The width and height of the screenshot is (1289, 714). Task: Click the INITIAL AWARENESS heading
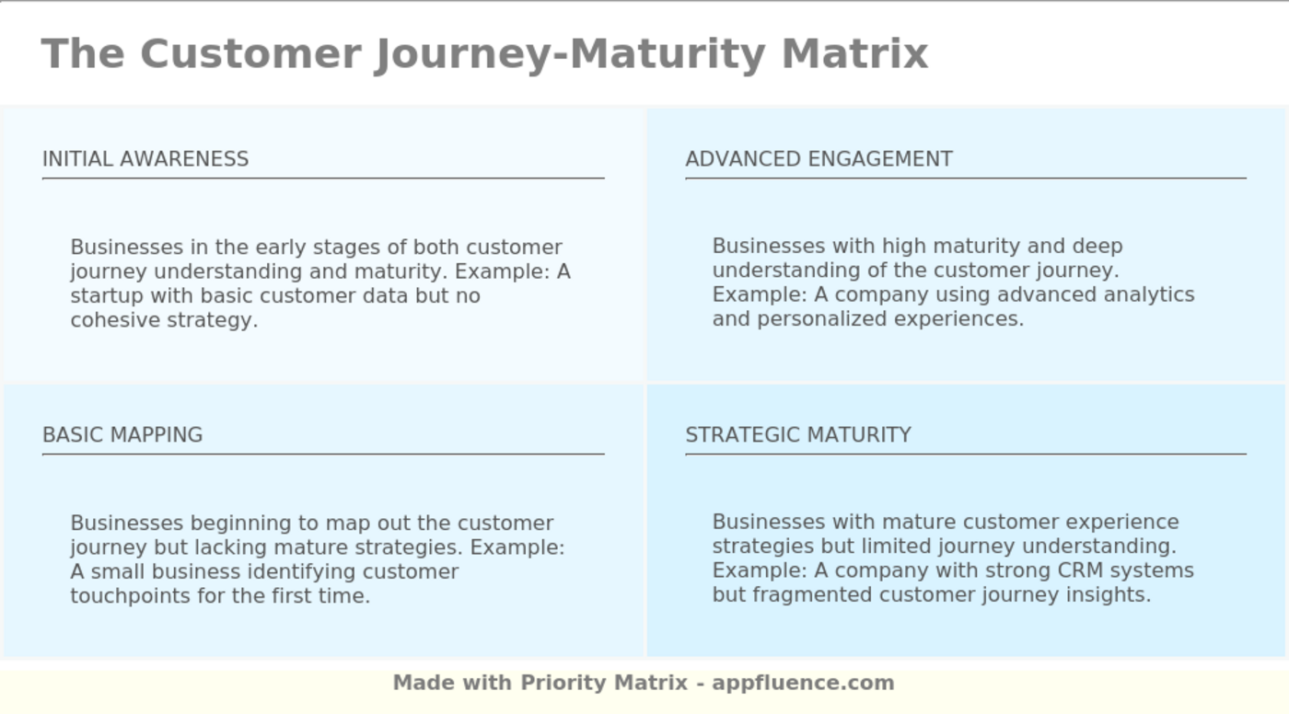(145, 159)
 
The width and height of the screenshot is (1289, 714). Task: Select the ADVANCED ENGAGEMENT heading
(819, 159)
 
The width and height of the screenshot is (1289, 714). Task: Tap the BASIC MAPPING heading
(122, 435)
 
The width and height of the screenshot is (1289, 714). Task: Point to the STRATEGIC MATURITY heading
(798, 435)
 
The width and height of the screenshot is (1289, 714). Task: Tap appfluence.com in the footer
(803, 683)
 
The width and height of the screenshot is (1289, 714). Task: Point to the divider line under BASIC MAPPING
(322, 454)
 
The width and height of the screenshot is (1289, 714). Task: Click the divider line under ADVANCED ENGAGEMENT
(965, 178)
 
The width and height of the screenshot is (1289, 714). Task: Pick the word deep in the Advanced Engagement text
(1097, 247)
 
